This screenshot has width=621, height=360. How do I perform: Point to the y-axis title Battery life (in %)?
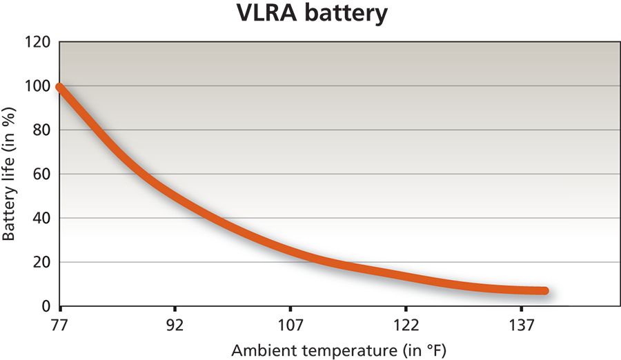(9, 173)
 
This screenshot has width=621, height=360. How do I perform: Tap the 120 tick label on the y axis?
(39, 42)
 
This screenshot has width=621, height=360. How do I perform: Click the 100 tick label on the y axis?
(39, 86)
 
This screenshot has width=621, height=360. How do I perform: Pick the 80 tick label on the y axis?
(41, 130)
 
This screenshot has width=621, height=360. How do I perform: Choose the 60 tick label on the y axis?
(41, 174)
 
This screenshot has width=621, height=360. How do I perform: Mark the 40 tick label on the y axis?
(41, 219)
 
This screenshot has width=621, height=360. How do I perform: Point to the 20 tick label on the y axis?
(41, 263)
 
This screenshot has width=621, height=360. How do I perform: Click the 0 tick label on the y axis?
(46, 306)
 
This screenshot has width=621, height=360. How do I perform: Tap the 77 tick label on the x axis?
(61, 325)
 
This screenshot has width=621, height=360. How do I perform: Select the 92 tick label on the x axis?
(175, 325)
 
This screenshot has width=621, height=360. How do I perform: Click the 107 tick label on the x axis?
(290, 325)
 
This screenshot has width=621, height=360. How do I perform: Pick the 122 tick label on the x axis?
(406, 325)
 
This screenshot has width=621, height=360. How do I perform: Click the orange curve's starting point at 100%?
(61, 87)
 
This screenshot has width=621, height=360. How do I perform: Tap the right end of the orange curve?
(544, 291)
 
